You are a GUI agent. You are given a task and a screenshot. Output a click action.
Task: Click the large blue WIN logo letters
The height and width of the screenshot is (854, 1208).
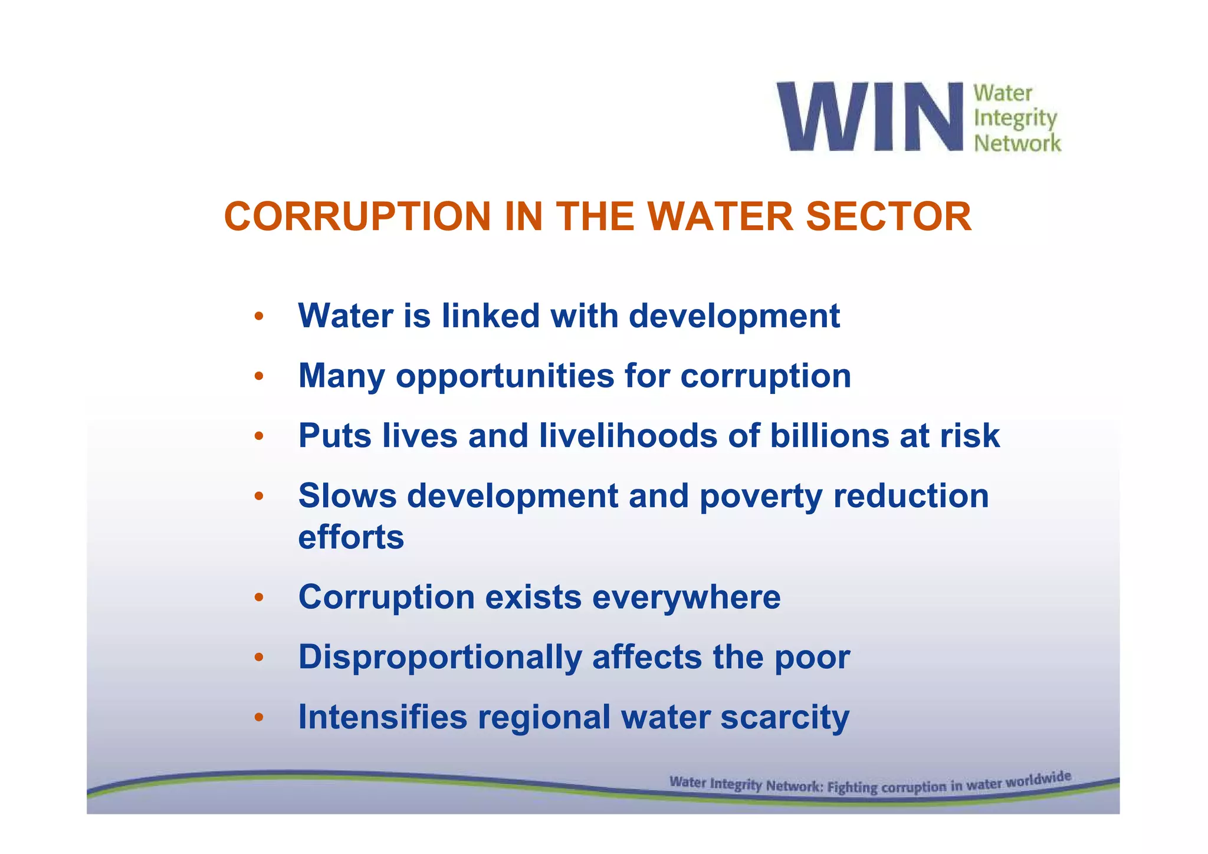[x=870, y=117]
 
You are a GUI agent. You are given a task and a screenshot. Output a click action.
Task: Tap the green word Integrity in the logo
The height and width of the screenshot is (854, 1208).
[x=1015, y=119]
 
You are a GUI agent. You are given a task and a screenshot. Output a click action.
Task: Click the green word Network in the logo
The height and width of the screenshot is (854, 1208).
[x=1017, y=143]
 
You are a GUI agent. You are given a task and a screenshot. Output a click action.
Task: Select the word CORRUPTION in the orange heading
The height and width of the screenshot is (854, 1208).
[x=357, y=216]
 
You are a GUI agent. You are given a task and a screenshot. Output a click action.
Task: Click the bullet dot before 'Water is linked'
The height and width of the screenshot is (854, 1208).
[x=258, y=317]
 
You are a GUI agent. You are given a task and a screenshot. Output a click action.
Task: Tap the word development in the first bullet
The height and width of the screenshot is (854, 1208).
[x=734, y=317]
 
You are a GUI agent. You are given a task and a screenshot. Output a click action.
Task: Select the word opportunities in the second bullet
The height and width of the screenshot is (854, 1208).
[x=504, y=376]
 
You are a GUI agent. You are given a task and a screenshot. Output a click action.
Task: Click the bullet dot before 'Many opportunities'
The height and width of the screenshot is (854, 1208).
[x=258, y=376]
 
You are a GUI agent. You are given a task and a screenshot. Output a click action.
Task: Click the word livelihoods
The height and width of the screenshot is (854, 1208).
[x=628, y=436]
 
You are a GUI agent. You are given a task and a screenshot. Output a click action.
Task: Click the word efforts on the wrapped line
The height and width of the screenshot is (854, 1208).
[x=351, y=537]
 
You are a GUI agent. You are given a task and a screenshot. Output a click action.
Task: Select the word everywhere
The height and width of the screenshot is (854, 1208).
[x=686, y=597]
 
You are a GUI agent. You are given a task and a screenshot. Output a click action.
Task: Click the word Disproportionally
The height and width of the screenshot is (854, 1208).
[x=440, y=658]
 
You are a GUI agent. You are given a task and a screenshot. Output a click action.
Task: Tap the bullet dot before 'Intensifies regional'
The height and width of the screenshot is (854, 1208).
[x=258, y=718]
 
